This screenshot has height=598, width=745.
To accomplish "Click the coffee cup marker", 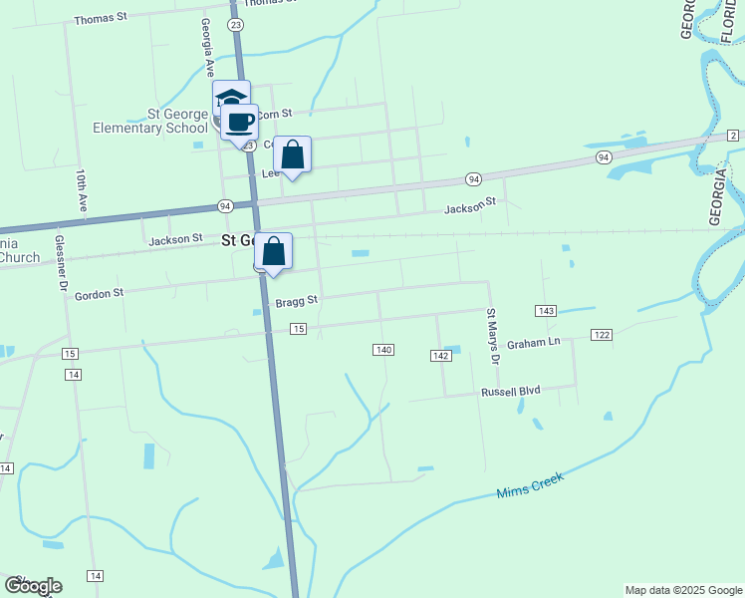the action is (x=239, y=123).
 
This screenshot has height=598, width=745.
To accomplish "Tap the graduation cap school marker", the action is (x=231, y=99).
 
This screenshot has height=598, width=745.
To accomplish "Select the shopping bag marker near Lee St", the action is (x=292, y=154).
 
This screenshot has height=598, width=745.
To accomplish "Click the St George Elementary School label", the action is (x=151, y=121).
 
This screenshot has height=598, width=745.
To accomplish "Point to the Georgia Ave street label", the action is (x=208, y=47).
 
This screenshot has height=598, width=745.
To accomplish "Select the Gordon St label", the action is (x=99, y=294).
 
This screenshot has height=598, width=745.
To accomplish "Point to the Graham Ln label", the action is (x=534, y=343).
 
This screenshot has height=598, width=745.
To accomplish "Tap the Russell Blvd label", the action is (x=510, y=392).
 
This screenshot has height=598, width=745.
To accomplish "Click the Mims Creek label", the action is (x=530, y=485).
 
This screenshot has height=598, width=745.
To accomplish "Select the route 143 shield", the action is (x=545, y=311).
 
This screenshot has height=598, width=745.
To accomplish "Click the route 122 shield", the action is (x=601, y=334).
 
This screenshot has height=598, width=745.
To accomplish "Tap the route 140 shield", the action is (x=384, y=349).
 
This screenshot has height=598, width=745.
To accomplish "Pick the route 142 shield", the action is (x=441, y=356).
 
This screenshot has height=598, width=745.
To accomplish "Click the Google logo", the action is (x=33, y=586).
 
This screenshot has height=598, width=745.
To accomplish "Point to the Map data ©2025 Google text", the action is (x=683, y=590).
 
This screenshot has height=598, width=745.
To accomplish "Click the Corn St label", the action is (x=274, y=115).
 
